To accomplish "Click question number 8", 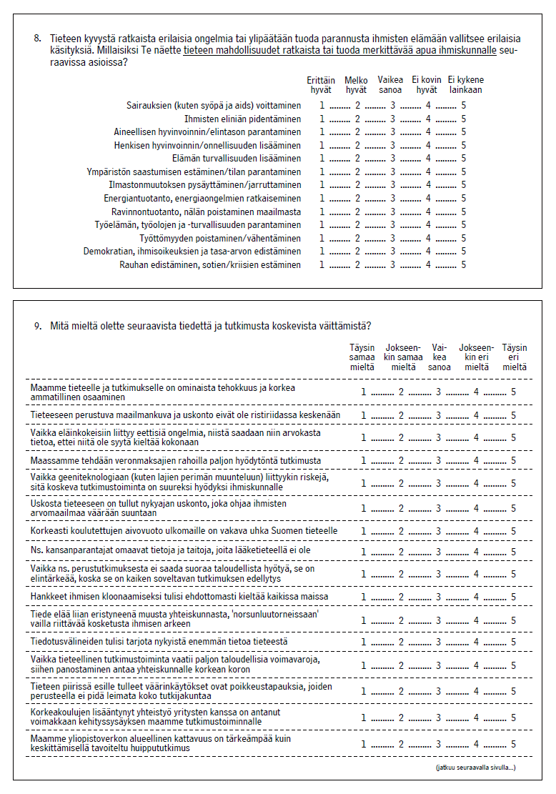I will [x=37, y=38].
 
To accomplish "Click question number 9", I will [x=37, y=326].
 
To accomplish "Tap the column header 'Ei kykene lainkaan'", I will [x=465, y=85].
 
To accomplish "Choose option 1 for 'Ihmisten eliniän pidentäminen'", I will [x=322, y=119].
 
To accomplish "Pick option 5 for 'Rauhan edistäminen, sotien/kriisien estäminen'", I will [x=463, y=265].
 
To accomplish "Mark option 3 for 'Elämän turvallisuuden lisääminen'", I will [x=392, y=159].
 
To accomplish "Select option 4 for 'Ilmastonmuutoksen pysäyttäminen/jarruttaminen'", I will [x=428, y=185].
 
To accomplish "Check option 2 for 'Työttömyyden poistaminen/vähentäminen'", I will [x=357, y=239].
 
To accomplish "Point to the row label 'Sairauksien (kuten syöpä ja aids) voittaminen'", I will [x=214, y=106].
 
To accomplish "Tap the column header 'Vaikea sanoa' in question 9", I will [x=439, y=357].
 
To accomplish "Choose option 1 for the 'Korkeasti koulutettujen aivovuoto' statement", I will [x=364, y=532].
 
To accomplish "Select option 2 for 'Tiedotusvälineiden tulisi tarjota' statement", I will [x=401, y=642].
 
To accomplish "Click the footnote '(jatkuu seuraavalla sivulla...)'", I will [x=475, y=768].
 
